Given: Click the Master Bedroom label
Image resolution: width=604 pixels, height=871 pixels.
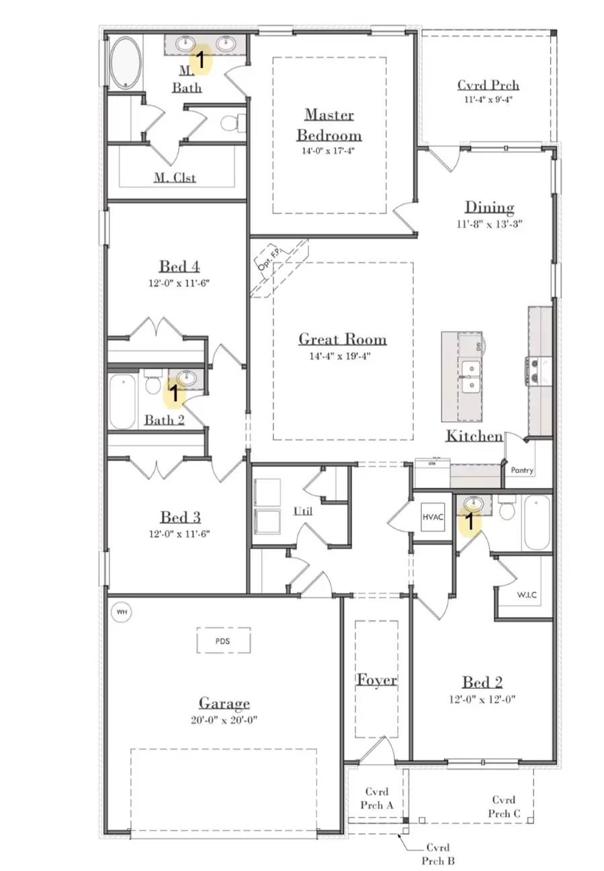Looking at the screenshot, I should [329, 124].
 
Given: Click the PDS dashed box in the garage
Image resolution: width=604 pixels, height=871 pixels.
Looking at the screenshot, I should [223, 640].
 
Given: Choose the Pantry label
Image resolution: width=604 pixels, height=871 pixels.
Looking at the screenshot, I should [522, 470].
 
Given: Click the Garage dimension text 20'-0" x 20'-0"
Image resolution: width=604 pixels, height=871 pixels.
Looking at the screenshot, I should [224, 720].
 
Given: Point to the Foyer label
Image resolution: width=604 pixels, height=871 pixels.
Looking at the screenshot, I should [376, 680].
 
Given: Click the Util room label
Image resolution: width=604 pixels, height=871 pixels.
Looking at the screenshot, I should [302, 511].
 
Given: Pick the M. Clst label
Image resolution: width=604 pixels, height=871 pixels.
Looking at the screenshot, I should [175, 177].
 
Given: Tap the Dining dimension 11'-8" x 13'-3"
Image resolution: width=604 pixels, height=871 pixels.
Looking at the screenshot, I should [490, 223].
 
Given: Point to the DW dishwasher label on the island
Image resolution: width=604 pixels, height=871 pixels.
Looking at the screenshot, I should [479, 347].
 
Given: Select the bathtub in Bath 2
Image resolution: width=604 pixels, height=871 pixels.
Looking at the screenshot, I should [123, 401].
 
